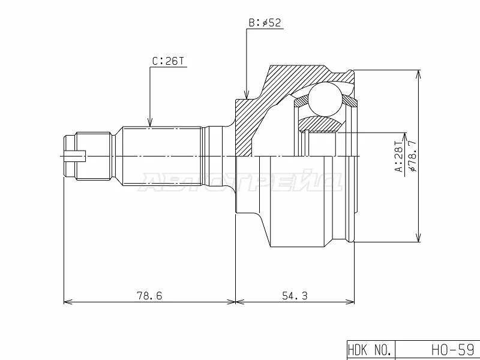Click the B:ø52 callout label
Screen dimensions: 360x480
[x=265, y=23]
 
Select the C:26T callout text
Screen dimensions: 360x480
[x=168, y=61]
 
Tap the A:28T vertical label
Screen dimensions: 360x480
[x=397, y=157]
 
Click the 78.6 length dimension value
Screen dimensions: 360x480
[x=149, y=295]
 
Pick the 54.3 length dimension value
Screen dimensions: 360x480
[x=294, y=295]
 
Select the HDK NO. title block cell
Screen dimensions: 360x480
[x=370, y=349]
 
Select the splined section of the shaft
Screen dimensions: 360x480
[x=162, y=157]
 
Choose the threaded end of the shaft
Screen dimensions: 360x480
[x=90, y=157]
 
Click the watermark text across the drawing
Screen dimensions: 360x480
[x=240, y=181]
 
